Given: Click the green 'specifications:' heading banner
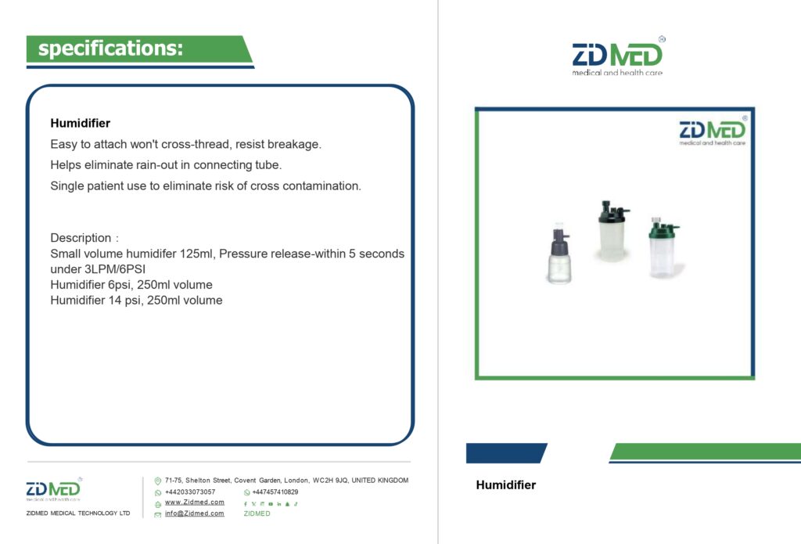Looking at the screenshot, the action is [x=139, y=49].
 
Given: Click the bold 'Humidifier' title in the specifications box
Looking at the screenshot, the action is [x=81, y=123].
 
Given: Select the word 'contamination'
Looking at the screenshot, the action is [x=321, y=186].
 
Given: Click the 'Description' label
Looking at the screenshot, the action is [x=81, y=238].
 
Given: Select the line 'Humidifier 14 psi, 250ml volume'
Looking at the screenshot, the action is [x=136, y=300].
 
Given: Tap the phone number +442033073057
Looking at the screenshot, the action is [x=190, y=492].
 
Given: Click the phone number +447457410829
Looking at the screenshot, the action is [x=275, y=492].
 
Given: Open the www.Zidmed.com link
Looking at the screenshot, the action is [x=195, y=502].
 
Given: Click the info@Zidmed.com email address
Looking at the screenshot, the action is [x=195, y=513].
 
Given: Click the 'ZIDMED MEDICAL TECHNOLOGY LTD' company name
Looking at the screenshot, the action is [x=78, y=513].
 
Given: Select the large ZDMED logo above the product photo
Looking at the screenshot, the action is [x=618, y=56].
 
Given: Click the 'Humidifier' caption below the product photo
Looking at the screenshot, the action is [x=506, y=485].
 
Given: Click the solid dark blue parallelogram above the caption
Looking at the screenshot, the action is [x=506, y=453].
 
